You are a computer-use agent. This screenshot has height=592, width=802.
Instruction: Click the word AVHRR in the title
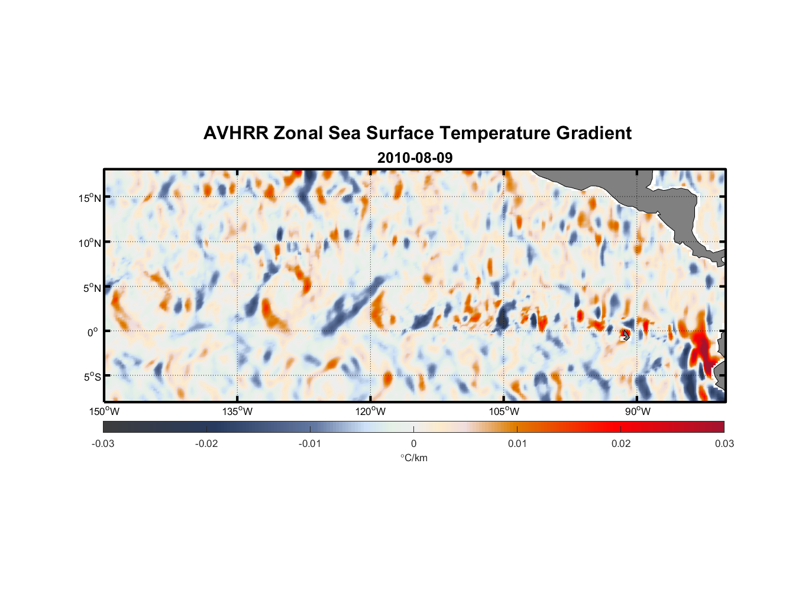click(x=235, y=133)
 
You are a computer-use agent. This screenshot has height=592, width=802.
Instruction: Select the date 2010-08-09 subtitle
click(x=415, y=158)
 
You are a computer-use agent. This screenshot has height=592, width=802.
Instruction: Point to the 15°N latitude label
click(x=90, y=198)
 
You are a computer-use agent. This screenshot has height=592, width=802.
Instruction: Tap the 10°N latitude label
click(x=90, y=243)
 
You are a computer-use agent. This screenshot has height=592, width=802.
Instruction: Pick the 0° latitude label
click(x=92, y=332)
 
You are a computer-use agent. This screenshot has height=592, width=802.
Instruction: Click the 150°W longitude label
click(x=104, y=411)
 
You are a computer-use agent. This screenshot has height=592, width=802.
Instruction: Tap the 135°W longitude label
click(x=238, y=411)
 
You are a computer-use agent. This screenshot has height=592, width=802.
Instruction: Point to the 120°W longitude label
click(x=371, y=411)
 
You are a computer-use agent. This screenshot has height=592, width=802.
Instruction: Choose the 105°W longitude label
click(x=504, y=411)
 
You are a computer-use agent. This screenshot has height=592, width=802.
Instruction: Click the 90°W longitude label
click(x=638, y=411)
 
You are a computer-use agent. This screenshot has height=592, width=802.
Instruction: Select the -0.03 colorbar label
click(x=103, y=443)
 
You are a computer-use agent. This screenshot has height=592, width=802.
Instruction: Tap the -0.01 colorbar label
click(x=310, y=443)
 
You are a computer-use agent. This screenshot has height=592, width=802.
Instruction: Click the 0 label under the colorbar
click(x=413, y=443)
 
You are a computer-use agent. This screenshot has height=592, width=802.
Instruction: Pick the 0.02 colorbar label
click(x=621, y=443)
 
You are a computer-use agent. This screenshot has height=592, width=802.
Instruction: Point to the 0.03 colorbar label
click(x=724, y=443)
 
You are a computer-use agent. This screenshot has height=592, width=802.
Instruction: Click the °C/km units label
click(x=414, y=458)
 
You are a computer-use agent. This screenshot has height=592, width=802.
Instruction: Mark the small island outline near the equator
click(x=626, y=336)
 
